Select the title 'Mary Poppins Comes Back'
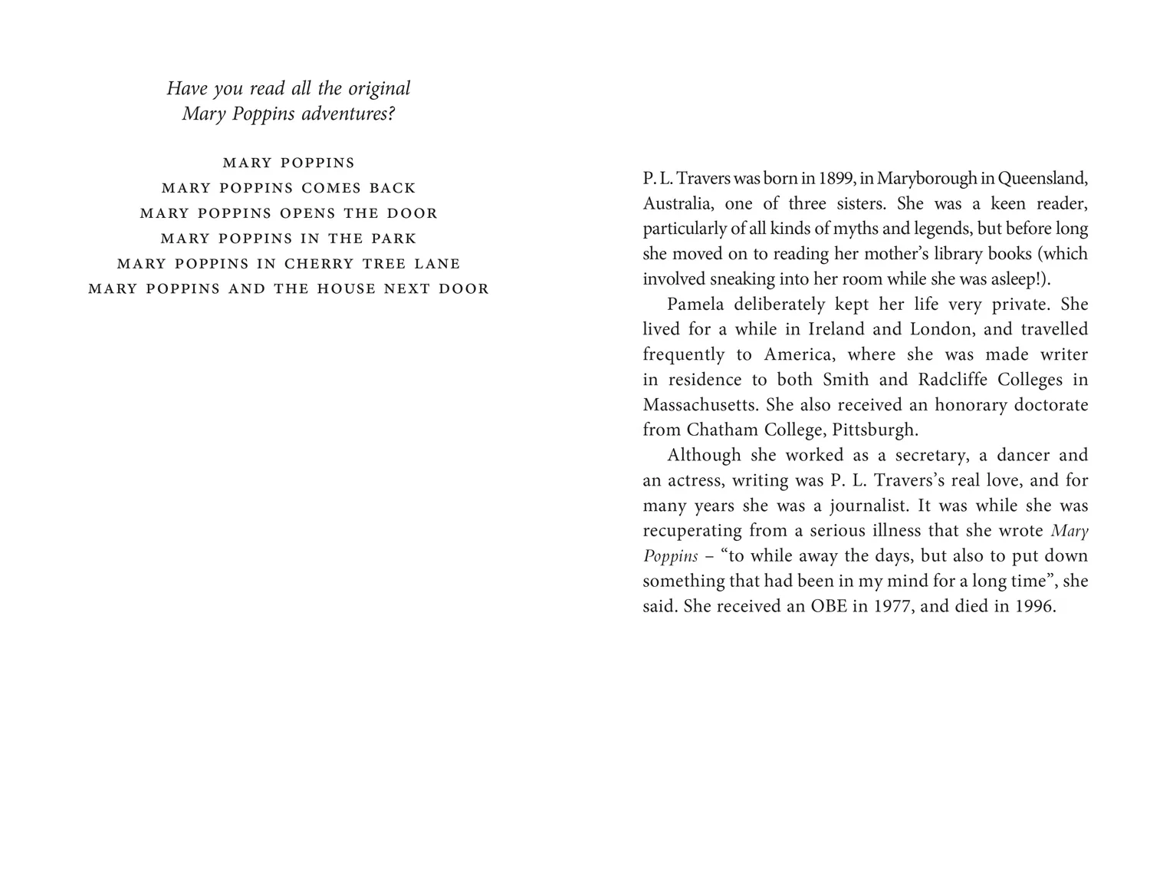tap(288, 188)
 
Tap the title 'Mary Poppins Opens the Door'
tap(288, 213)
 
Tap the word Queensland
tap(1043, 179)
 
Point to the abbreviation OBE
tap(829, 607)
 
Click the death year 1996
tap(1035, 607)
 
